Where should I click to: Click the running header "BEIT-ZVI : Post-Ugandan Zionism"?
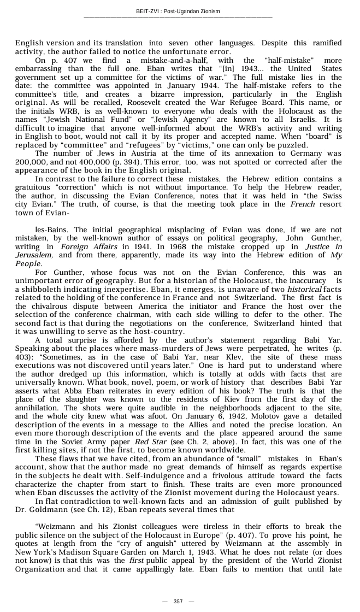coord(178,11)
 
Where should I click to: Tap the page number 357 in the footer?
coord(178,601)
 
